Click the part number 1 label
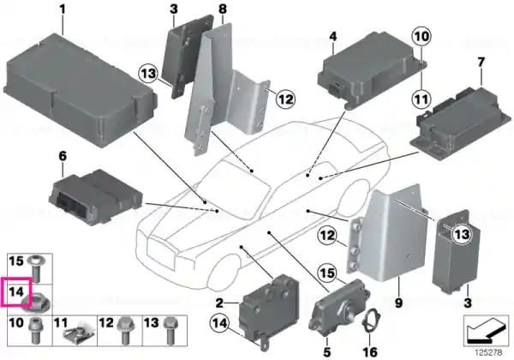[63, 9]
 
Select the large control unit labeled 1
[80, 91]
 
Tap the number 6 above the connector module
[63, 156]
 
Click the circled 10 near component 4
[421, 36]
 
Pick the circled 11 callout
[421, 99]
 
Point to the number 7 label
[481, 63]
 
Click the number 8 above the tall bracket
[223, 9]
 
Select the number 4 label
[332, 36]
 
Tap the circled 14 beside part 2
[219, 324]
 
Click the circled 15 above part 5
[327, 273]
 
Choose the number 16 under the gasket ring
[370, 351]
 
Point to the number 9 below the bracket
[398, 303]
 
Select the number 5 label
[327, 351]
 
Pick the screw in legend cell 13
[169, 331]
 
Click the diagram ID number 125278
[488, 353]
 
